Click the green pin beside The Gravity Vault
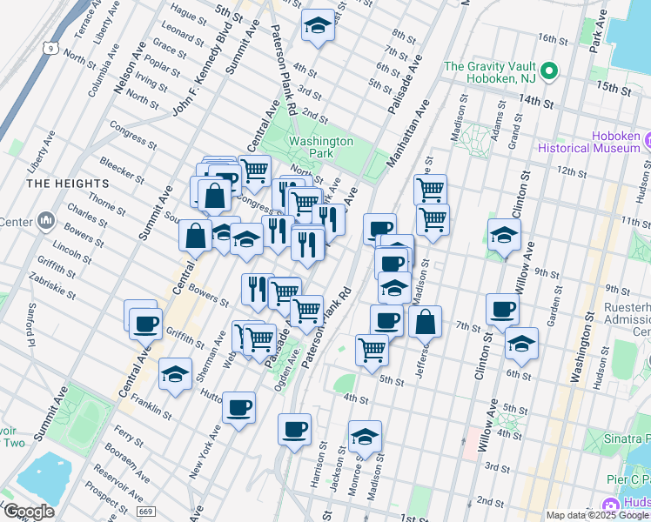[x=548, y=70]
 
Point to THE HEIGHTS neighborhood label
[x=68, y=184]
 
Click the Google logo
[x=30, y=512]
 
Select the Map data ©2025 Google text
[x=598, y=515]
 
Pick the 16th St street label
[x=552, y=38]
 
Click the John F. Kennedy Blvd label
[x=194, y=83]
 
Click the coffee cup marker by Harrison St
[x=295, y=429]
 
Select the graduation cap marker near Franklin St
[x=175, y=375]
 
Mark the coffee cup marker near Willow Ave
[x=502, y=309]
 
